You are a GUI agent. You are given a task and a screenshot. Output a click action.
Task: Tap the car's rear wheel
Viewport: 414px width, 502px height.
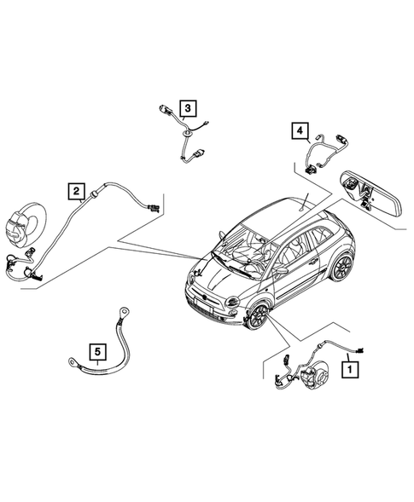[342, 267]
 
